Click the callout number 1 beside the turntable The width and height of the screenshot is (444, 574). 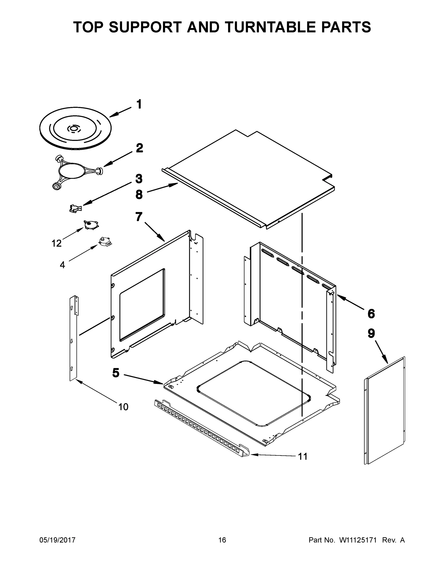pyautogui.click(x=139, y=104)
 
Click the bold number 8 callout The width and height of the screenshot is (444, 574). pyautogui.click(x=139, y=195)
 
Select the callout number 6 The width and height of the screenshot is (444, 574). pyautogui.click(x=371, y=314)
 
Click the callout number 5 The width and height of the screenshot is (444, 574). pyautogui.click(x=116, y=373)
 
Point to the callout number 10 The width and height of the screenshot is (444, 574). pyautogui.click(x=123, y=407)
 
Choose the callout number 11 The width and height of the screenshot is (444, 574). pyautogui.click(x=303, y=457)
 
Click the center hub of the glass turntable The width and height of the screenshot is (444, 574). pyautogui.click(x=74, y=128)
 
